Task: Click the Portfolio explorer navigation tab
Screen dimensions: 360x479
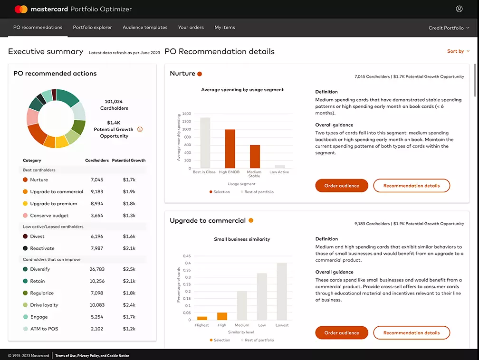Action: (92, 28)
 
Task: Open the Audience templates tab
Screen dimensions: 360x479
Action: (145, 28)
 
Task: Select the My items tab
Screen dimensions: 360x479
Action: (225, 28)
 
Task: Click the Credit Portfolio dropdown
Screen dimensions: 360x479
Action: (449, 28)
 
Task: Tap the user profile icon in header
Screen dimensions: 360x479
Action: (459, 9)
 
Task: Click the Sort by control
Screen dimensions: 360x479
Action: (458, 51)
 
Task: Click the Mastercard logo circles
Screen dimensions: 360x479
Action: (21, 9)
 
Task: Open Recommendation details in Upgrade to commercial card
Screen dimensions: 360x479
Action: (411, 333)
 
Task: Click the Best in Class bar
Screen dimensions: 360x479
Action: (205, 142)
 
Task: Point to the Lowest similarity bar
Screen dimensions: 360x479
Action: (282, 291)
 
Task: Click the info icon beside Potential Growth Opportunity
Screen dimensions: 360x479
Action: (140, 129)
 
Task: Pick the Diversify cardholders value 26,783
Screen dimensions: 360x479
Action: (97, 269)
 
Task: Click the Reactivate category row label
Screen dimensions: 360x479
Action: (42, 248)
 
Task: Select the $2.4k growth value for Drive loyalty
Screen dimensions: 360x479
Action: (129, 305)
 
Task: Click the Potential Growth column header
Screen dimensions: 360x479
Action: (129, 161)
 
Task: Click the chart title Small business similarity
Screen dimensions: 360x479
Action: (242, 239)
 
